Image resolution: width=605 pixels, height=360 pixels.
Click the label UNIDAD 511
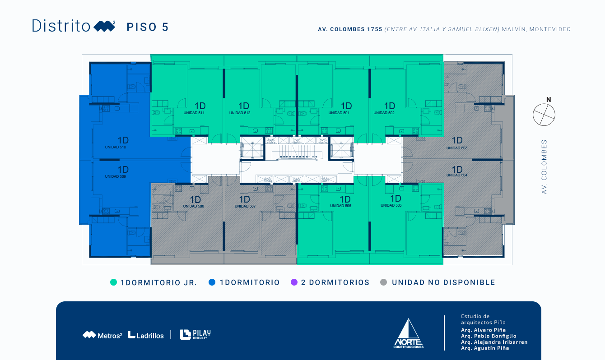coord(194,113)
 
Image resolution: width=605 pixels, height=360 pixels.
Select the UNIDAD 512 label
coord(240,113)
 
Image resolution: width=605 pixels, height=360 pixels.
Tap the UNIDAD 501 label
coord(339,113)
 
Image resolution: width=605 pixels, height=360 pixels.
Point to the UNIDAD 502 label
coord(384,113)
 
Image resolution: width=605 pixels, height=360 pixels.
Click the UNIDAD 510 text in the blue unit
coord(115,147)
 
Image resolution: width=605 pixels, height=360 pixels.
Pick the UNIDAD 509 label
coord(115,176)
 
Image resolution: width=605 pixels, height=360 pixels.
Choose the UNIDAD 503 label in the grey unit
coord(457,148)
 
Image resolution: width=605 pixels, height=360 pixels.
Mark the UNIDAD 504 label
coord(457,175)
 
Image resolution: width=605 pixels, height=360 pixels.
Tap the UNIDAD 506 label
coord(340,206)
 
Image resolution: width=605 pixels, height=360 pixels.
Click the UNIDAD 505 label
coord(391,205)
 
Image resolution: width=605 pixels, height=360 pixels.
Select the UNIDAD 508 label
coord(193,206)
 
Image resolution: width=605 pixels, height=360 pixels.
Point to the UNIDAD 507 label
coord(245,206)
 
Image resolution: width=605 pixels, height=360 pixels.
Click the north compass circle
coord(544,115)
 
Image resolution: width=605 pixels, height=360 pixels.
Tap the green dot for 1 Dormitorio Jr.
coord(113,282)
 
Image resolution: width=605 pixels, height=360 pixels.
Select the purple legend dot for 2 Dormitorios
coord(294,282)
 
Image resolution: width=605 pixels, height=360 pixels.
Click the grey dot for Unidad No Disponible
coord(384,282)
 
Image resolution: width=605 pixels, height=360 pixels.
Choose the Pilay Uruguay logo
coord(195,334)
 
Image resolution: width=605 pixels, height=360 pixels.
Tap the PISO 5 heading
coord(148,27)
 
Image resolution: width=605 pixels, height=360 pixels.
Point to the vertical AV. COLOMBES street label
coord(544,167)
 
